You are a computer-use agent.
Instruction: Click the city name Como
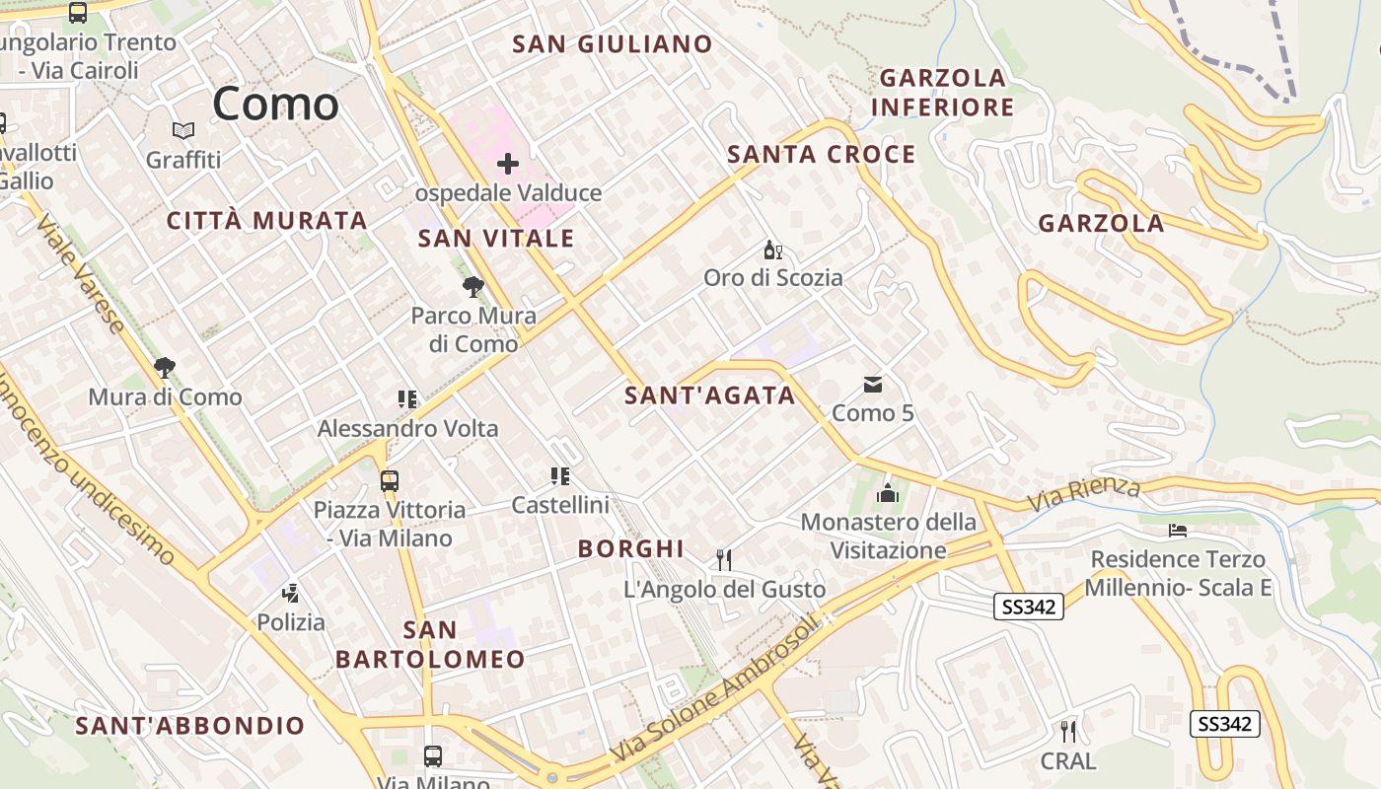[275, 104]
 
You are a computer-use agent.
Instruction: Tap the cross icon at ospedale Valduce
[508, 163]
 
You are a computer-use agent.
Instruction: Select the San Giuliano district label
[613, 43]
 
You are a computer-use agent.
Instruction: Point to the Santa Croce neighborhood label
[821, 154]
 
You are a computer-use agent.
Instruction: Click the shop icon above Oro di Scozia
[773, 251]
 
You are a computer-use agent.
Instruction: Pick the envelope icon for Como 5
[873, 385]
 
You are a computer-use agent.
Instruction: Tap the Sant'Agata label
[709, 395]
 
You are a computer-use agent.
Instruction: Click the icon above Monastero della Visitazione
[888, 492]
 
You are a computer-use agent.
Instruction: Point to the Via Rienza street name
[1083, 494]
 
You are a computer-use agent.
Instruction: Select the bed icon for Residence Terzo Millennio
[1177, 531]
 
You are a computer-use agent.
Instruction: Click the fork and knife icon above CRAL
[1067, 732]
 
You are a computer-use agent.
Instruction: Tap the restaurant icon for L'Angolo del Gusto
[724, 560]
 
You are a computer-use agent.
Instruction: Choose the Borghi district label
[631, 548]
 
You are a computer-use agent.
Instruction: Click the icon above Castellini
[560, 476]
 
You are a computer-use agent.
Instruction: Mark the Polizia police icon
[290, 593]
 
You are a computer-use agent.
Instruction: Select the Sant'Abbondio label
[190, 726]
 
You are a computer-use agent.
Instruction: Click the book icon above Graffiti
[183, 130]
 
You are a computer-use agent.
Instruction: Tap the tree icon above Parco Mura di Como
[473, 287]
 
